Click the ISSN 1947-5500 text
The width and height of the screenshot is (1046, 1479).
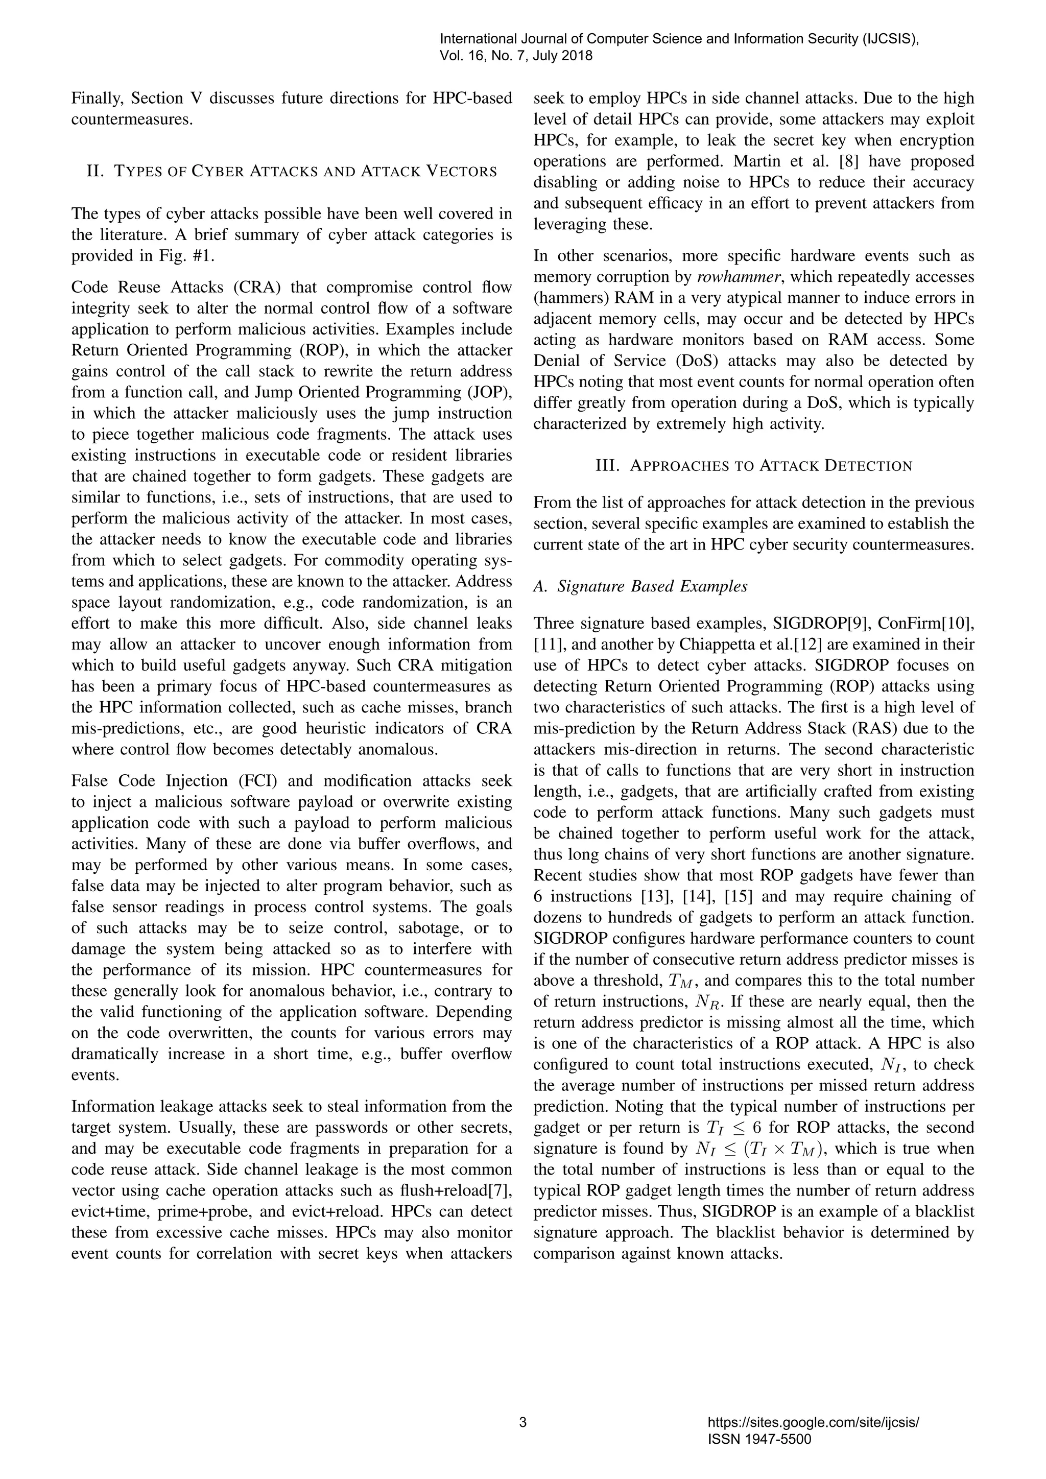tap(759, 1439)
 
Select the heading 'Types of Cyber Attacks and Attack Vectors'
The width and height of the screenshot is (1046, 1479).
tap(292, 172)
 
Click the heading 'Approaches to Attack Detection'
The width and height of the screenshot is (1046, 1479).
tap(753, 466)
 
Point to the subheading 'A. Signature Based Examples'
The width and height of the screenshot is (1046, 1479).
tap(640, 586)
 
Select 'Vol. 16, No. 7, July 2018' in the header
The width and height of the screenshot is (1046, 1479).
tap(515, 56)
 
